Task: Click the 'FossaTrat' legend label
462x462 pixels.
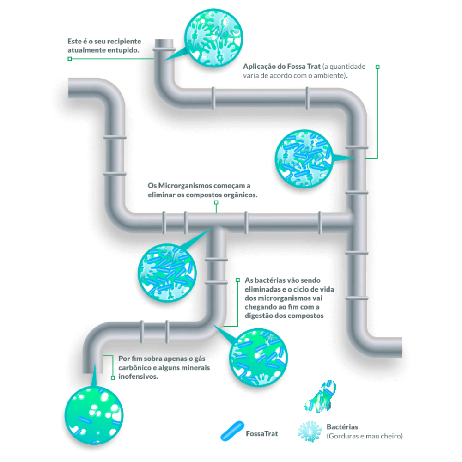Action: (x=262, y=434)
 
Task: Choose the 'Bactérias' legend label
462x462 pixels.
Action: (x=342, y=427)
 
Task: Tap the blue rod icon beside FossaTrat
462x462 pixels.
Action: (x=231, y=430)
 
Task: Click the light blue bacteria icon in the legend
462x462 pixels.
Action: (x=310, y=431)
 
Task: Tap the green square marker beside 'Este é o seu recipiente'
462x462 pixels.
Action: (x=70, y=59)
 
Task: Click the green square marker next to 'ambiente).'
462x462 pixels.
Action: (x=377, y=67)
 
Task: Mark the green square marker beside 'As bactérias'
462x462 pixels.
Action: (x=238, y=280)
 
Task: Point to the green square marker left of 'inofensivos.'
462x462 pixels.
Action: (x=113, y=377)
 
